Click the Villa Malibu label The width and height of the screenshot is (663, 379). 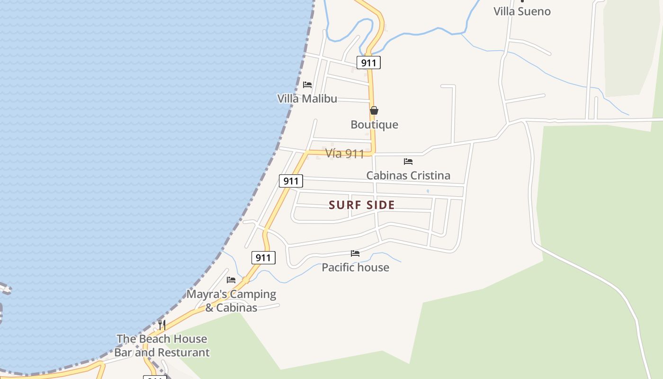point(307,99)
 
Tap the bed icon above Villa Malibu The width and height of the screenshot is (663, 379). point(307,85)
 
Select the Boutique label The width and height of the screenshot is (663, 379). point(374,125)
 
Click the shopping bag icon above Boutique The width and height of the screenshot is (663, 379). point(374,111)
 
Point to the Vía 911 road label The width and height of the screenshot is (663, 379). point(345,153)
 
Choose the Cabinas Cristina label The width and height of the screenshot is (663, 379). point(408,175)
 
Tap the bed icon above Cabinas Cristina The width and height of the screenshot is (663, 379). point(408,162)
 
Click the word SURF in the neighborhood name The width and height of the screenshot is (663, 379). point(345,205)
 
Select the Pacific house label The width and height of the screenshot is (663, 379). point(355,267)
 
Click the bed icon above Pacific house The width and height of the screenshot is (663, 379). point(355,253)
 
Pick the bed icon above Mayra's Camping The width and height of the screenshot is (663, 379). point(231,280)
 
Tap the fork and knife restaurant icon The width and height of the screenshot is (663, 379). point(162,325)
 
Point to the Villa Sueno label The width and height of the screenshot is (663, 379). point(522,11)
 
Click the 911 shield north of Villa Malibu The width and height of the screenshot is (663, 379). point(368,63)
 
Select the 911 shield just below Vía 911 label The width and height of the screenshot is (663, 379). point(291,181)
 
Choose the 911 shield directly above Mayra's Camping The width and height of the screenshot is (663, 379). point(263,258)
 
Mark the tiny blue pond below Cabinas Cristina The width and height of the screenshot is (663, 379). point(428,191)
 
